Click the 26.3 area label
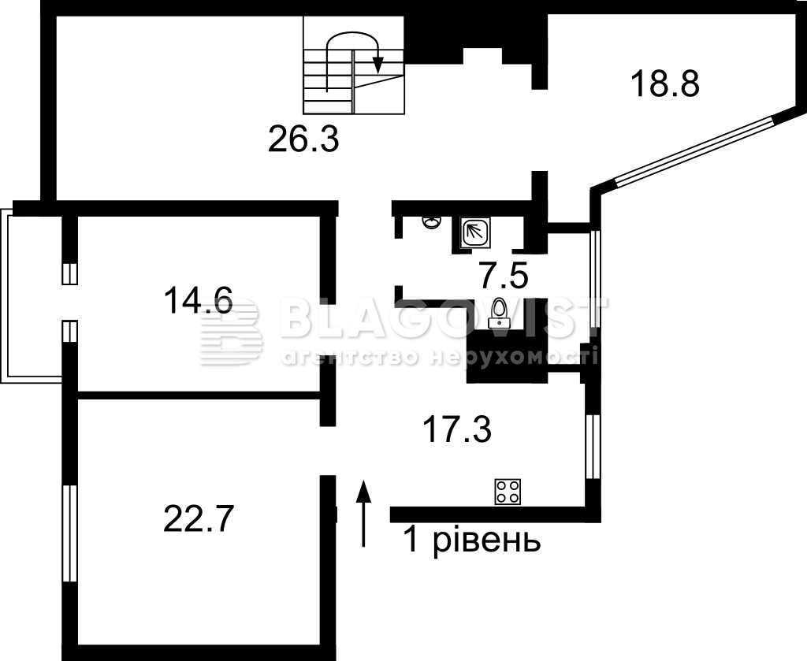coord(303,139)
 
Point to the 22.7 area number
coord(199,518)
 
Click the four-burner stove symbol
coord(508,492)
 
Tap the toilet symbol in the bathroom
coord(499,313)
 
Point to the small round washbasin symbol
coord(432,221)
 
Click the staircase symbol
coord(354,65)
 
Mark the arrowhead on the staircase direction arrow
coord(377,65)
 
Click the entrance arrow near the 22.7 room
coord(364,513)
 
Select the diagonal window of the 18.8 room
coord(694,150)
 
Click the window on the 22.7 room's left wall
coord(69,533)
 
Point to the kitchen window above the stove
coord(593,447)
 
